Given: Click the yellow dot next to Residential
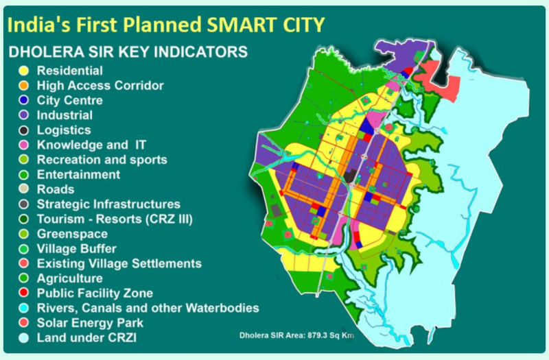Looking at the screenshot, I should point(23,71).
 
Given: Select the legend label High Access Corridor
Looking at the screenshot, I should point(100,86).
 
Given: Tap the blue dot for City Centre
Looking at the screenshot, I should point(23,101).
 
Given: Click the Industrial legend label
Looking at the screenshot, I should point(65,115).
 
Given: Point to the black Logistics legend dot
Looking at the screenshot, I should point(23,130).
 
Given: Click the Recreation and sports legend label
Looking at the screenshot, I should point(102,160).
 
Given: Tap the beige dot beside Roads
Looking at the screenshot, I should point(23,189).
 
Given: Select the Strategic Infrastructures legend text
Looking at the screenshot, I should point(108,204).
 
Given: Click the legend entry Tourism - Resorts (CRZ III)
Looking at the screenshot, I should point(115,219).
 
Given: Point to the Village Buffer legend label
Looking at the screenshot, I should point(77,249).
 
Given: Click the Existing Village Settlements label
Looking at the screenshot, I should point(119,263).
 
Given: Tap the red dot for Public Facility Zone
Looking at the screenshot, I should point(23,293).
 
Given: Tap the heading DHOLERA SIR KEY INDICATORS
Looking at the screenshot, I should point(127,52).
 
